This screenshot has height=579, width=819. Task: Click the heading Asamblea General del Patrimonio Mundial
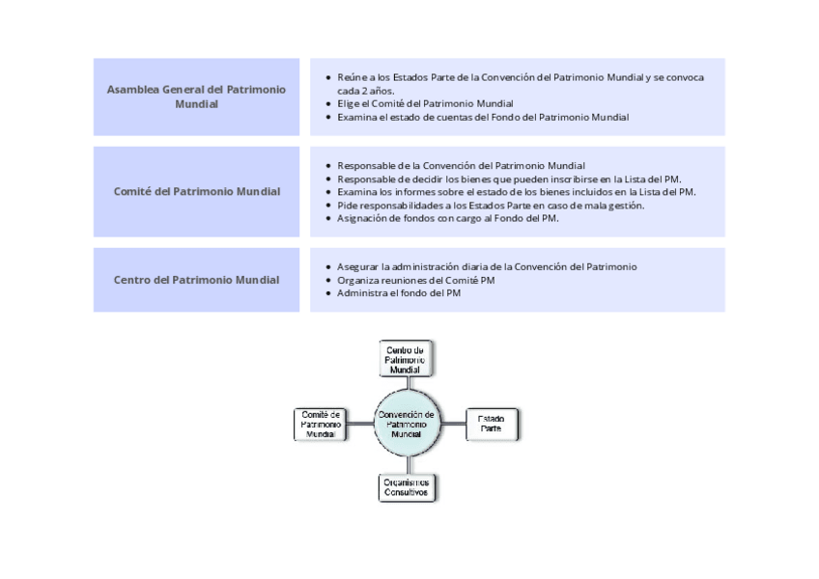click(x=196, y=96)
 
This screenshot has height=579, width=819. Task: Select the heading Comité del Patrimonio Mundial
click(x=197, y=192)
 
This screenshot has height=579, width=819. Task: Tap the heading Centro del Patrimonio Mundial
click(x=196, y=280)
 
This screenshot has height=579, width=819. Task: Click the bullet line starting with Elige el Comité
click(x=425, y=103)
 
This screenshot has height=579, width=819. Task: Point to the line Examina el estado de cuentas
click(x=483, y=117)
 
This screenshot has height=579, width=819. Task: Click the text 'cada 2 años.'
click(x=366, y=91)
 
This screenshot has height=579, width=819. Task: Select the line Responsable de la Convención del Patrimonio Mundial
click(x=462, y=166)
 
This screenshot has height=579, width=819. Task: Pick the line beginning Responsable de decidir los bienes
click(x=509, y=179)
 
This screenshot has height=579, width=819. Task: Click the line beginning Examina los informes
click(x=517, y=192)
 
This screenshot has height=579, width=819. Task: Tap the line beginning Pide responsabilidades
click(x=491, y=206)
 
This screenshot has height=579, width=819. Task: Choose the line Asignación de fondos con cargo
click(x=447, y=218)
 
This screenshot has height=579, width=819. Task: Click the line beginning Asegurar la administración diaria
click(x=487, y=266)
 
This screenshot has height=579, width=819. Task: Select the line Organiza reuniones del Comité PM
click(x=415, y=281)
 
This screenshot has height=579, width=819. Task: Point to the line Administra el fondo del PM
click(x=399, y=293)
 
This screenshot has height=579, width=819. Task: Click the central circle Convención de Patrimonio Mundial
click(x=408, y=424)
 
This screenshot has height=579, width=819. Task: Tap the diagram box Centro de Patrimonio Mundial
click(x=406, y=359)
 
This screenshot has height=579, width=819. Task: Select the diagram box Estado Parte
click(x=492, y=424)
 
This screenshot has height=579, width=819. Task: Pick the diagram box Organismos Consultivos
click(x=407, y=487)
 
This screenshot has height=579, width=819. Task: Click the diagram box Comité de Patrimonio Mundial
click(x=321, y=424)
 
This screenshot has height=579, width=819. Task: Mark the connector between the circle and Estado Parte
click(x=453, y=424)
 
